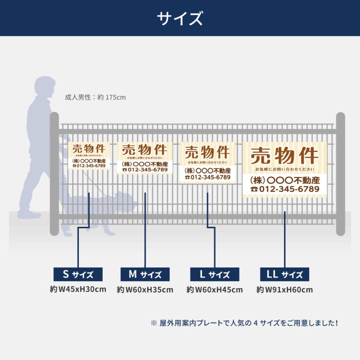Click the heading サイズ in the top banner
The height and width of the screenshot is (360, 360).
(180, 18)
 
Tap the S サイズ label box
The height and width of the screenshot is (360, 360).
(78, 274)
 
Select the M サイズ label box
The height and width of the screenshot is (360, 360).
(145, 274)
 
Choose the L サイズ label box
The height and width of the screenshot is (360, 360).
(214, 274)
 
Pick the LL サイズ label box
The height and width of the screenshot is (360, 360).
(284, 274)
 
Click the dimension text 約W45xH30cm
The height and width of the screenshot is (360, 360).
(78, 289)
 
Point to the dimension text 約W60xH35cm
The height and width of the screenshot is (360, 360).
(145, 290)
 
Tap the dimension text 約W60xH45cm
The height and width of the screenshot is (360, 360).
(214, 290)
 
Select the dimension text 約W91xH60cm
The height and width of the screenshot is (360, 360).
(284, 290)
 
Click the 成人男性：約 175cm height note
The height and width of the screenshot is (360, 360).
(95, 97)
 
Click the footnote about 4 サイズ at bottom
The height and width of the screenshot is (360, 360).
(244, 322)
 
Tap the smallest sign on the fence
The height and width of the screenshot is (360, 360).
(89, 156)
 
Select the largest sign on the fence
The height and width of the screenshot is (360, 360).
(284, 170)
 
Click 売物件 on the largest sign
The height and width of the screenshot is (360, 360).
(284, 155)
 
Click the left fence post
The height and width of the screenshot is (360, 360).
(54, 174)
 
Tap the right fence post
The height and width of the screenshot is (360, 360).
(340, 174)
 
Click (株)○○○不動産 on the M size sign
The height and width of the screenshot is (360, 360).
(145, 164)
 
